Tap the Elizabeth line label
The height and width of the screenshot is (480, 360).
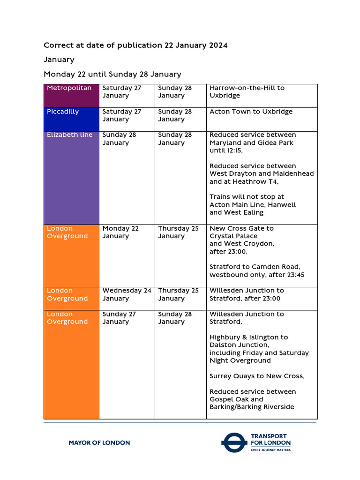pyautogui.click(x=70, y=135)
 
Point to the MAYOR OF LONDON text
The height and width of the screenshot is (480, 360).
pyautogui.click(x=99, y=442)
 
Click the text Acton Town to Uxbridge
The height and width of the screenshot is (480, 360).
pyautogui.click(x=251, y=112)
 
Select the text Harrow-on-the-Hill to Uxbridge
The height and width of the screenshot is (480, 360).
pyautogui.click(x=247, y=92)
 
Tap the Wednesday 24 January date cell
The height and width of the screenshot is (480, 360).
pyautogui.click(x=127, y=294)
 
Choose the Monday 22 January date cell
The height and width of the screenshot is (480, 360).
pyautogui.click(x=120, y=232)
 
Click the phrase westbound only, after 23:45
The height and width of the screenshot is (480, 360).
pyautogui.click(x=257, y=275)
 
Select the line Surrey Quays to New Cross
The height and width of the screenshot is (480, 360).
pyautogui.click(x=257, y=376)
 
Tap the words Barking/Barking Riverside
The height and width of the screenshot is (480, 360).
pyautogui.click(x=252, y=407)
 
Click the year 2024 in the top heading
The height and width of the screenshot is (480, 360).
pyautogui.click(x=217, y=45)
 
